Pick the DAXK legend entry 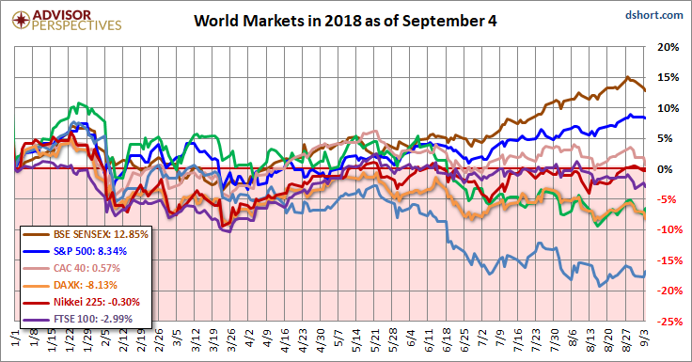coord(67,285)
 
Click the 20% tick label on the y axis coord(668,47)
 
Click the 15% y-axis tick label coord(668,78)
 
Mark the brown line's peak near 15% coord(627,78)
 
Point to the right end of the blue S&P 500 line coord(643,118)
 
